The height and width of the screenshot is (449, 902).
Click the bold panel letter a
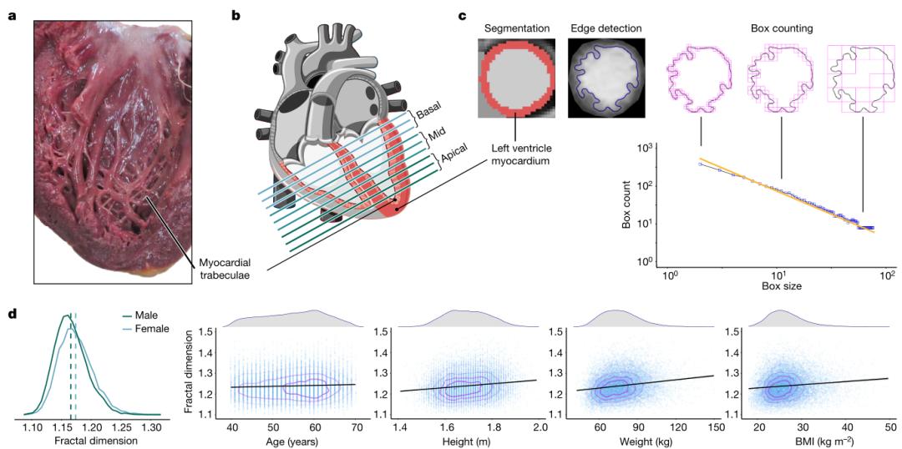click(12, 14)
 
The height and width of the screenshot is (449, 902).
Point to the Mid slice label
click(437, 134)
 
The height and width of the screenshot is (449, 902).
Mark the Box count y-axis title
click(626, 205)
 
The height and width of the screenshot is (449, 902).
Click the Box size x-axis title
click(778, 286)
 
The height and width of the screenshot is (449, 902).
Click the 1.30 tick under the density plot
click(152, 427)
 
